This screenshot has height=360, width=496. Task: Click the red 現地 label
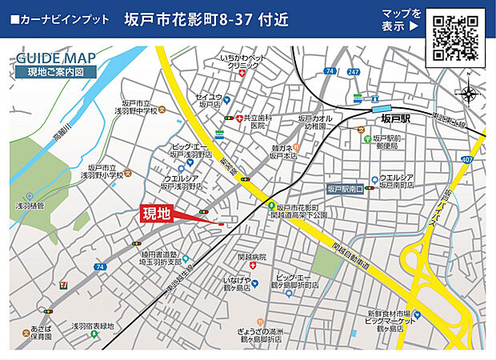pyautogui.click(x=156, y=214)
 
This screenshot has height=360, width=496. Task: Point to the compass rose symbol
pyautogui.click(x=468, y=94)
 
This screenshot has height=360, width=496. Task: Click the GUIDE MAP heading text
pyautogui.click(x=54, y=58)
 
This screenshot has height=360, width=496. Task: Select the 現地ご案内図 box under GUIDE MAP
pyautogui.click(x=54, y=72)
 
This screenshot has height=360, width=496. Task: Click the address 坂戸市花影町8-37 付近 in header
pyautogui.click(x=206, y=18)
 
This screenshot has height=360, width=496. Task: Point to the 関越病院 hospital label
pyautogui.click(x=251, y=257)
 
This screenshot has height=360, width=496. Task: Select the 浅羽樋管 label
pyautogui.click(x=29, y=205)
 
